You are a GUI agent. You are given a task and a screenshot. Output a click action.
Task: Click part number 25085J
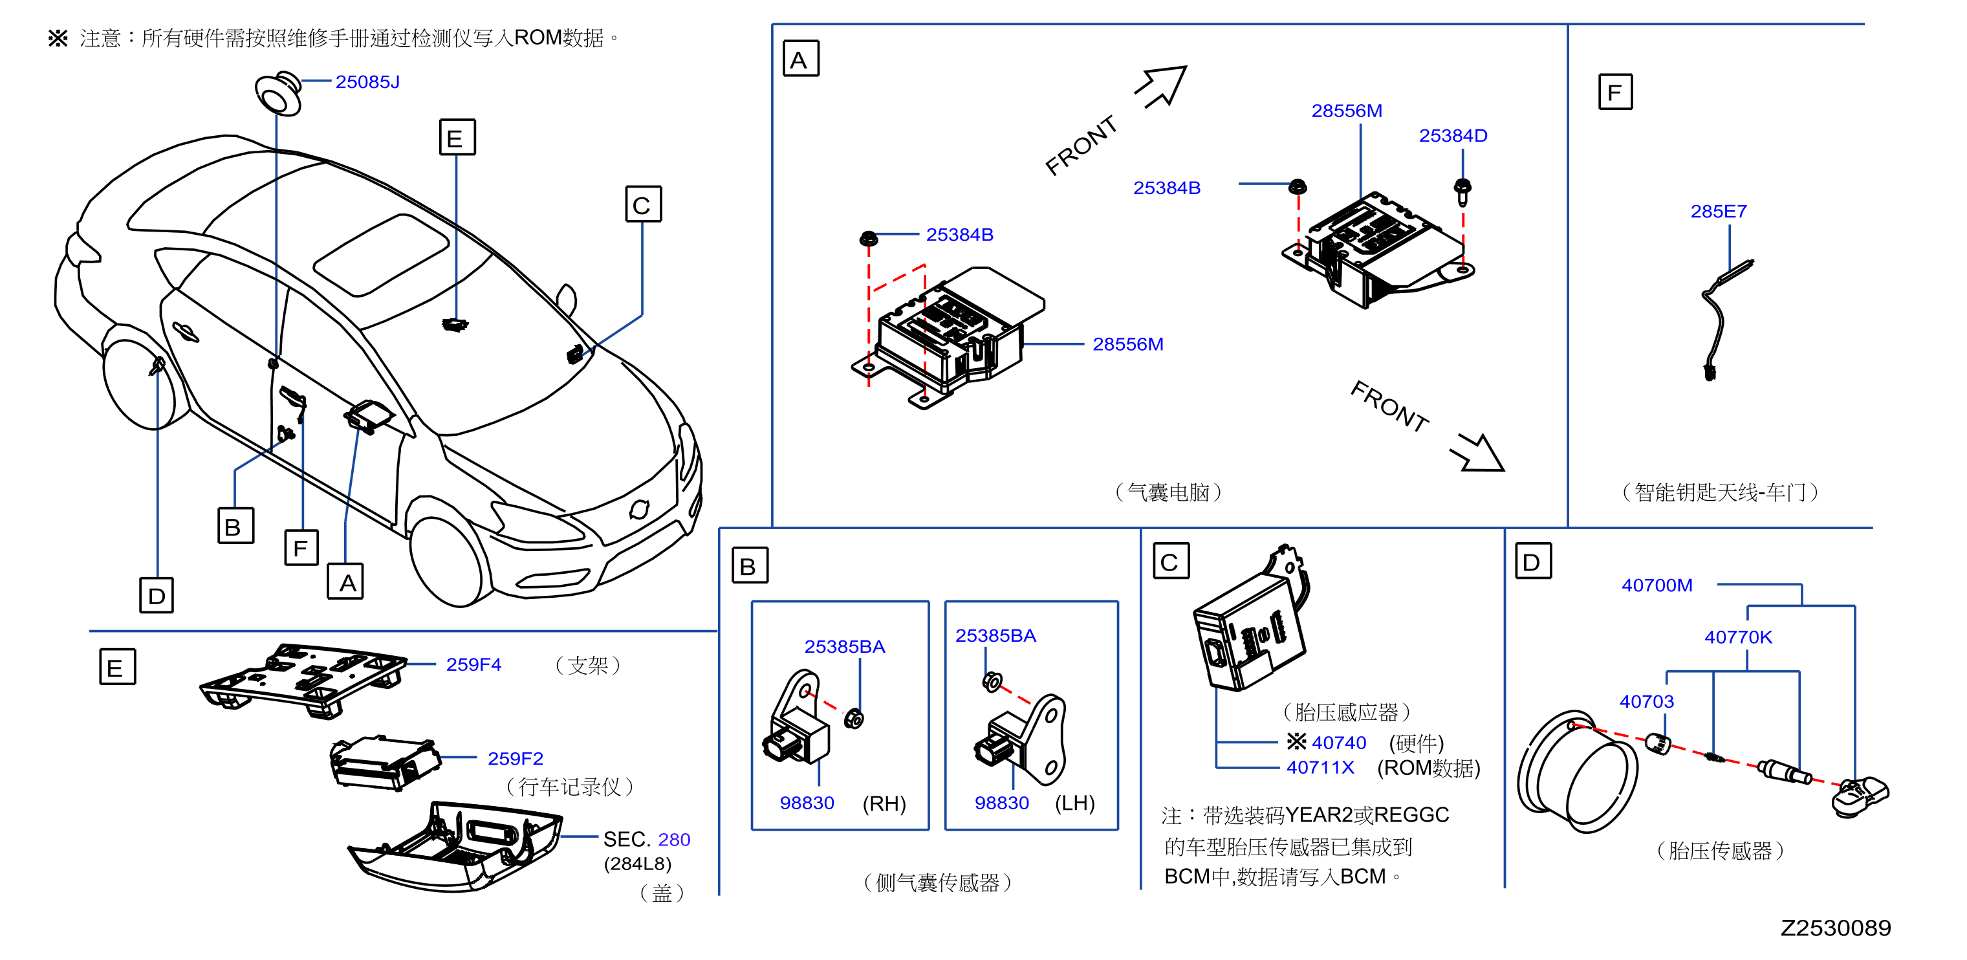367,82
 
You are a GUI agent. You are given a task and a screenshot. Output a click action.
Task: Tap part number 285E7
1718,212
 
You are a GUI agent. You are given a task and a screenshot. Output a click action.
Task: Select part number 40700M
1657,585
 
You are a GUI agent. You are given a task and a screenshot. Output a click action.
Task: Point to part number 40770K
1738,637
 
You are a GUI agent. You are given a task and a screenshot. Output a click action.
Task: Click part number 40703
1646,701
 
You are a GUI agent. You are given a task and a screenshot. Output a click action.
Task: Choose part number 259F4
473,664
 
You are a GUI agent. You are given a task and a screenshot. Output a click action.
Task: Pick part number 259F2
516,758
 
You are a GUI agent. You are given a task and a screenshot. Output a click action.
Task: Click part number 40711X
1320,767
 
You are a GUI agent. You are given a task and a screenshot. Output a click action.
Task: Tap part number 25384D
1453,136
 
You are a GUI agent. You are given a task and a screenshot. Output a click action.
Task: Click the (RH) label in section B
884,803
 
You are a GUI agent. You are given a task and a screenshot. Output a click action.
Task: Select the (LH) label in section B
1075,803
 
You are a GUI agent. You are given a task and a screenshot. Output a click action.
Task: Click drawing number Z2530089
1836,928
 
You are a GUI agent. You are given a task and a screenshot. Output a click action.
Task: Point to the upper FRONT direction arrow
1162,86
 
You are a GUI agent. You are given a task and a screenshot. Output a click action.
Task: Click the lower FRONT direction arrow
1477,452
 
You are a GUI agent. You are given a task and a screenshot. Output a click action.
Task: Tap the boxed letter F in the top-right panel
1615,93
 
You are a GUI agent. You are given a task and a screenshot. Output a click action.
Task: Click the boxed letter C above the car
643,204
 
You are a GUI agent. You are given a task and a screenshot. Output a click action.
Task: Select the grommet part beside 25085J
279,94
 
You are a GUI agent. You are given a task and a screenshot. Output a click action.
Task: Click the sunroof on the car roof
381,254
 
